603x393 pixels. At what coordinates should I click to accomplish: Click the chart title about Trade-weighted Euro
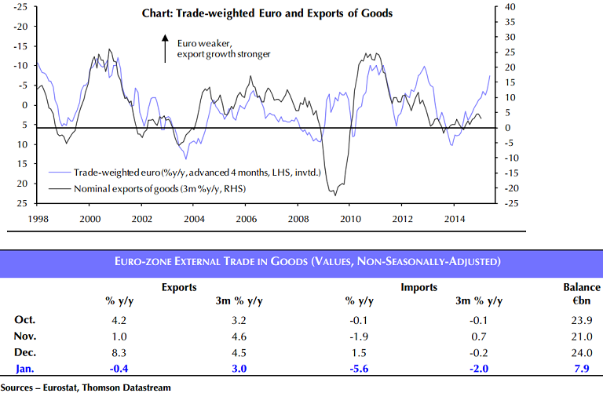tap(267, 13)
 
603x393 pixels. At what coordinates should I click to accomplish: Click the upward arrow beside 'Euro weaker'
tap(165, 48)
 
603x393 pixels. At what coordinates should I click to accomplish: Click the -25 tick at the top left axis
tap(20, 6)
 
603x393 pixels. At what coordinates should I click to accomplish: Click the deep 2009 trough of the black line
tap(335, 194)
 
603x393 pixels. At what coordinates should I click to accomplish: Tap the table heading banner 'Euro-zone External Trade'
tap(301, 260)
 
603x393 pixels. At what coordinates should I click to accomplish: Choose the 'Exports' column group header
tap(178, 287)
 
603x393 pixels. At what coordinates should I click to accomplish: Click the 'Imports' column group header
tap(419, 287)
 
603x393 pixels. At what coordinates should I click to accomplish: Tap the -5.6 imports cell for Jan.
tap(356, 368)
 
